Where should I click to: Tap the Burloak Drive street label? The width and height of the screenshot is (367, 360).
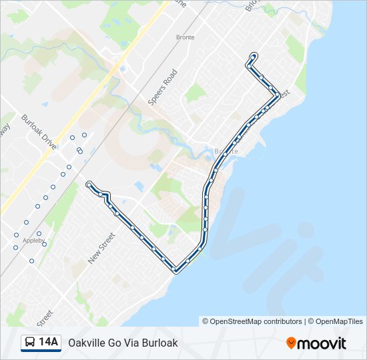[38, 130]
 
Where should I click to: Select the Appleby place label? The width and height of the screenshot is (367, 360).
[34, 240]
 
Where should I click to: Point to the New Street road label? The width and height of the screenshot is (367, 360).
[102, 246]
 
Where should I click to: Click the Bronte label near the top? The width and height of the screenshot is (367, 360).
[185, 37]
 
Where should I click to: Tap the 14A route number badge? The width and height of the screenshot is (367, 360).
[48, 343]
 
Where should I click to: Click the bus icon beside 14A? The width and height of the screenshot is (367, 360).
[30, 343]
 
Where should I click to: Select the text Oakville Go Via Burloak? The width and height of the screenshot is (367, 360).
[123, 343]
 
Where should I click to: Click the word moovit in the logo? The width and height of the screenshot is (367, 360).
[322, 343]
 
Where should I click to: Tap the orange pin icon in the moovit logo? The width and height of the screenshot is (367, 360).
[291, 343]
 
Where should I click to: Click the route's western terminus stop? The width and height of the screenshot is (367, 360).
[89, 184]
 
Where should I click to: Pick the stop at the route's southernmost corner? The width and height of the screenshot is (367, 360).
[175, 270]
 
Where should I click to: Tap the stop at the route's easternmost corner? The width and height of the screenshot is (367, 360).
[278, 95]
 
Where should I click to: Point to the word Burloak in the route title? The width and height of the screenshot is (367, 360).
[161, 343]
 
